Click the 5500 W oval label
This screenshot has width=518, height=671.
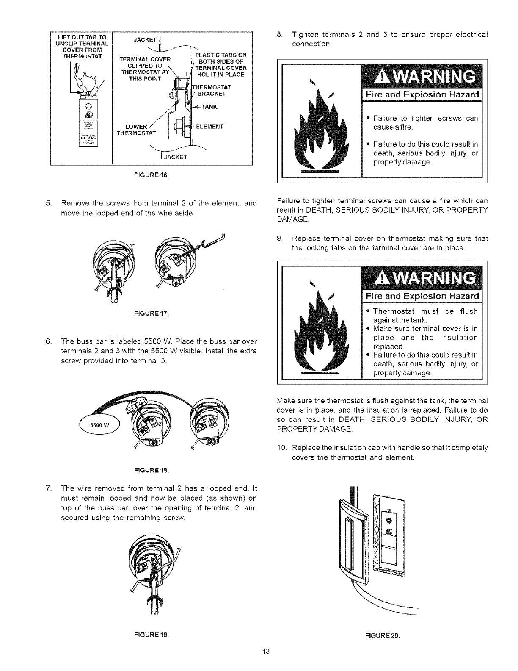click(x=100, y=426)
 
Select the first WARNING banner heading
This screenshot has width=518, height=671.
click(x=422, y=76)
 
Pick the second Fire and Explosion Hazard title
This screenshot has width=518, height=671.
click(x=422, y=295)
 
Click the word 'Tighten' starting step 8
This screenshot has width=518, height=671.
click(x=303, y=34)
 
